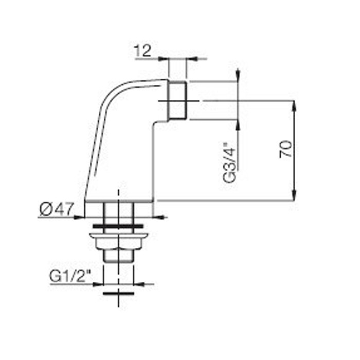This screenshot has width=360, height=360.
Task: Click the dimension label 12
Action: pos(143,50)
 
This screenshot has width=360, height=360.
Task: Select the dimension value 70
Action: pos(286,149)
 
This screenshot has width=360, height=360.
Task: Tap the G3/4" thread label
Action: pos(229,163)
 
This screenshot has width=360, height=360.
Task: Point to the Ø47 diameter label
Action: pos(57,209)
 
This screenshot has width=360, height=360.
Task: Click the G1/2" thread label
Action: pos(70,276)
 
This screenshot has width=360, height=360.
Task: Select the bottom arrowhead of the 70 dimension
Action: pos(294,195)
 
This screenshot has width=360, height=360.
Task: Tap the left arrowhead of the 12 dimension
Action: pos(164,59)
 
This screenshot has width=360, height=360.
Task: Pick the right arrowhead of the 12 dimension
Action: pos(191,59)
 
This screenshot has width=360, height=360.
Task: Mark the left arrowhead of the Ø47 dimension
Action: pos(79,217)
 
